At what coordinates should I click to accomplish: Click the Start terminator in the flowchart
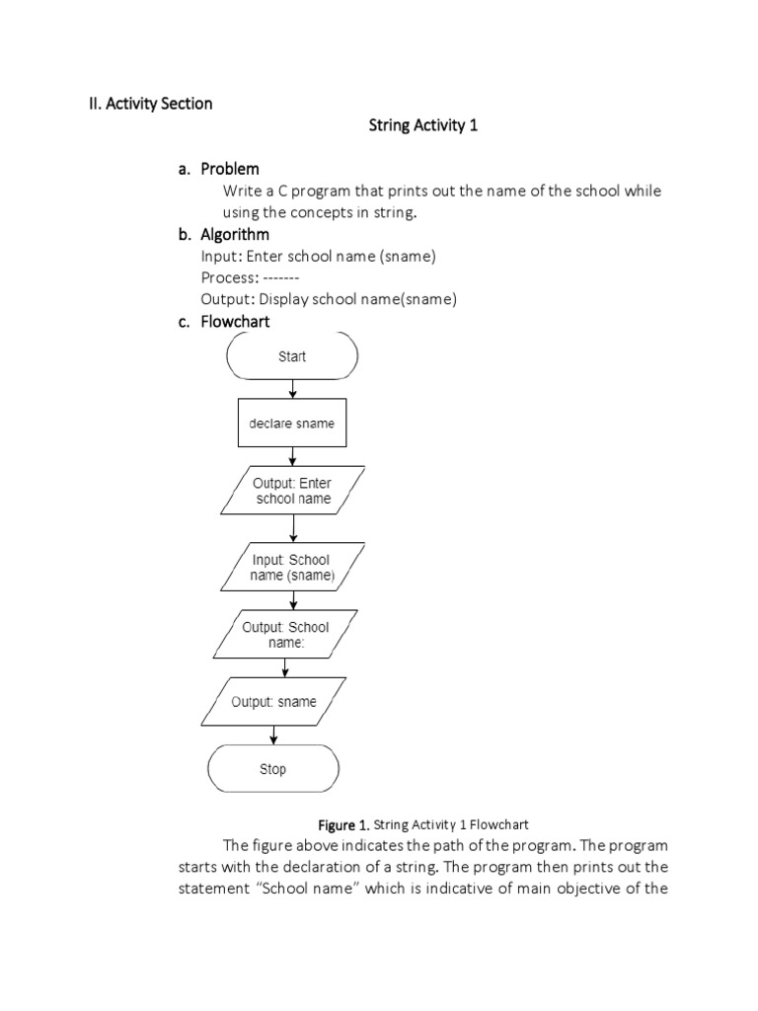[x=292, y=356]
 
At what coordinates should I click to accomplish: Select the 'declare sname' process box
[x=291, y=424]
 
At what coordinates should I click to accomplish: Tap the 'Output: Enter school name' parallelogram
[x=292, y=491]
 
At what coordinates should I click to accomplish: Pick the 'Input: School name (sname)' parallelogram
[x=291, y=567]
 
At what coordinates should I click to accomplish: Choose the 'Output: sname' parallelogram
[x=273, y=702]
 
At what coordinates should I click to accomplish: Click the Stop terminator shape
[x=272, y=769]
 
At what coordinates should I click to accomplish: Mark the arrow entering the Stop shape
[x=273, y=736]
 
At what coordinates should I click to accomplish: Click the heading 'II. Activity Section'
[x=145, y=103]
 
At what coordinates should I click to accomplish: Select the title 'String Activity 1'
[x=422, y=126]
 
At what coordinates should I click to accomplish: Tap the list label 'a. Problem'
[x=218, y=169]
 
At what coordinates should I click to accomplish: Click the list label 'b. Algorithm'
[x=223, y=235]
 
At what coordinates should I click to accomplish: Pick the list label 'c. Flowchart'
[x=224, y=321]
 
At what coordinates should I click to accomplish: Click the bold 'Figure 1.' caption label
[x=341, y=822]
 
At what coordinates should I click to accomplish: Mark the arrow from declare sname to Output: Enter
[x=292, y=456]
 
